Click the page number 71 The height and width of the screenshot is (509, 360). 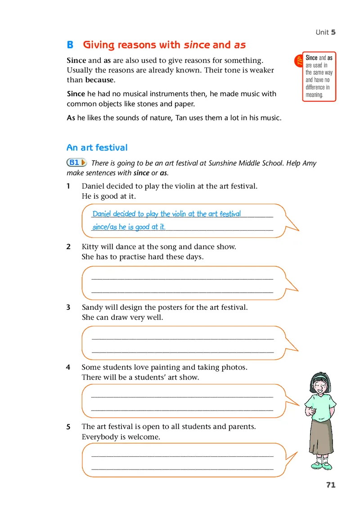tap(330, 485)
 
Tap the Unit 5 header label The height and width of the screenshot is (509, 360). tap(325, 32)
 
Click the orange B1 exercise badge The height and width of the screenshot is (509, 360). tap(76, 162)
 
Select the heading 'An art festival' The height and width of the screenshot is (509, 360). tap(97, 147)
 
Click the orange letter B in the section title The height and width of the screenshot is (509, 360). tap(70, 45)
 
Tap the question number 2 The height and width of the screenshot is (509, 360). tap(68, 246)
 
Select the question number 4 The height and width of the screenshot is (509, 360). tap(68, 367)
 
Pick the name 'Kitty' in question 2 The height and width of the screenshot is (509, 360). tap(91, 246)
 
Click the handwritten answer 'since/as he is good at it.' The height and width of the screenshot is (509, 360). tap(129, 227)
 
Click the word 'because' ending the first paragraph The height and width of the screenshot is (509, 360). tap(100, 80)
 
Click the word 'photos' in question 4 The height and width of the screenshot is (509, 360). tap(235, 367)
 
